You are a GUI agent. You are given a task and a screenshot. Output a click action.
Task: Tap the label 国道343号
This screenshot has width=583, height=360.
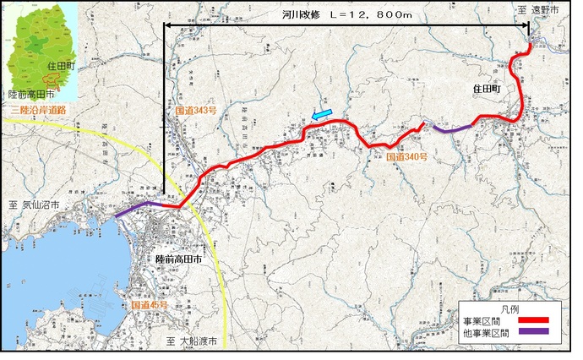tap(193, 112)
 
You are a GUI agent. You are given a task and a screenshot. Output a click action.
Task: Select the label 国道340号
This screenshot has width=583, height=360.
tap(408, 157)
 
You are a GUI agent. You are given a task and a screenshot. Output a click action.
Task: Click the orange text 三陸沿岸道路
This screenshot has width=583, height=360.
tap(38, 110)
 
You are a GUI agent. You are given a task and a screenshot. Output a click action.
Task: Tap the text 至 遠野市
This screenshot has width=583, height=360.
tap(546, 9)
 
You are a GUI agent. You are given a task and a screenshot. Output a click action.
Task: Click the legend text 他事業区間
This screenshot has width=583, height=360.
tap(486, 334)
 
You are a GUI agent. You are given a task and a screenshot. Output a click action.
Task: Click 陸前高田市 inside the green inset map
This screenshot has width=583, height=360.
tap(30, 95)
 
